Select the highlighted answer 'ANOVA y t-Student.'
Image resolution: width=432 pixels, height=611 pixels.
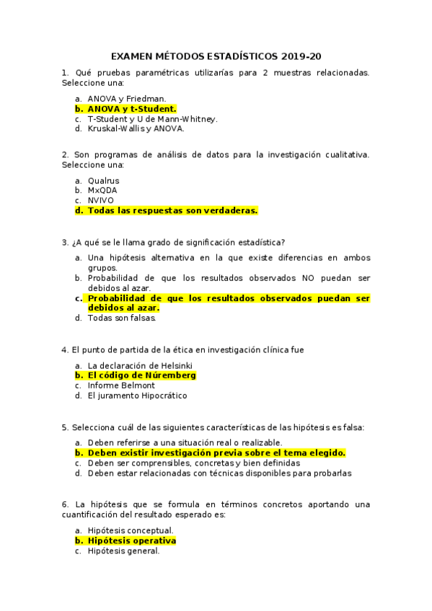point(132,109)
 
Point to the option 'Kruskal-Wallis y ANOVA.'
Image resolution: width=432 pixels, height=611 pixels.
point(136,129)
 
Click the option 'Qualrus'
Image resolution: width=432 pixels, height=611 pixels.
point(104,181)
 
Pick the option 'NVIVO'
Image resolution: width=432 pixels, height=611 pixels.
point(101,200)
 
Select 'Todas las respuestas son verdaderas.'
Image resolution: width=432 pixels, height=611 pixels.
point(172,210)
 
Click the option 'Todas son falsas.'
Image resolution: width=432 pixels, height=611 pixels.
point(122,318)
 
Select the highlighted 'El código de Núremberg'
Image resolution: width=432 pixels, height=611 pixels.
point(141,375)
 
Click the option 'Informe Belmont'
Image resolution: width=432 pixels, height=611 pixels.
point(121,385)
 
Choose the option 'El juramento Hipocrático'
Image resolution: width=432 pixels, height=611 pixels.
point(137,396)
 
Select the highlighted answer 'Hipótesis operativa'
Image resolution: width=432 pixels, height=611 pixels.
point(131,540)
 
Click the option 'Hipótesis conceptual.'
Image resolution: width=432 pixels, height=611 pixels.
point(131,530)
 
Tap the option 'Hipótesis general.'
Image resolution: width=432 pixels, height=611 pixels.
point(123,550)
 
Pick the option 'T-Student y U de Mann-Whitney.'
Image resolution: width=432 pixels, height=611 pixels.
point(152,119)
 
